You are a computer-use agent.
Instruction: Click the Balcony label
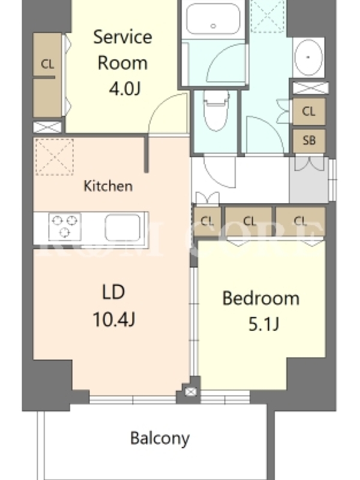tap(160, 439)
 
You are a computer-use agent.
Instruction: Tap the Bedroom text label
tap(261, 298)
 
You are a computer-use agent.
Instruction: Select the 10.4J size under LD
tap(113, 319)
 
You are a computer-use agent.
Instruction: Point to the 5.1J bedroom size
tap(263, 324)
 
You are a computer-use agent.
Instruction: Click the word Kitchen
tap(108, 186)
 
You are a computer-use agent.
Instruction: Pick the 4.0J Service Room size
tap(125, 89)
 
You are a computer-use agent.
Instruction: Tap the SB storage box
tap(309, 140)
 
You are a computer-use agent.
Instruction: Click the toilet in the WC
tap(217, 111)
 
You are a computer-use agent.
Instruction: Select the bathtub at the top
tap(213, 19)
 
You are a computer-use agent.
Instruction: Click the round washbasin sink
tap(308, 57)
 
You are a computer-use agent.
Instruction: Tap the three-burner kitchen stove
tap(65, 227)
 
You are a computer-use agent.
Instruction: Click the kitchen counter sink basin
tap(123, 227)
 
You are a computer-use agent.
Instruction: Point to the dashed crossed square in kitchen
tap(55, 157)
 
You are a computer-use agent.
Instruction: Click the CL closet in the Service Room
tap(47, 75)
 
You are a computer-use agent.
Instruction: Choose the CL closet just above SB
tap(309, 112)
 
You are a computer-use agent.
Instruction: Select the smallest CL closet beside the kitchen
tap(207, 221)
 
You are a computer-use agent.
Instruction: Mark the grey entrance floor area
tap(308, 180)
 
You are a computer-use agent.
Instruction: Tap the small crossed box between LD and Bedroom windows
tap(191, 392)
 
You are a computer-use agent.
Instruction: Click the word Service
tap(122, 37)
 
